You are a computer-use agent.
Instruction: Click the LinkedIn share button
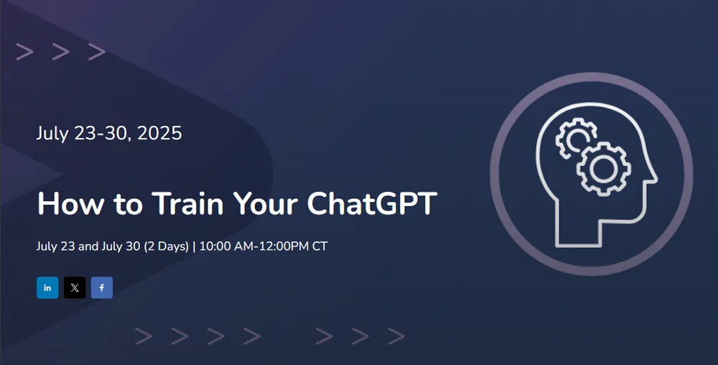47,287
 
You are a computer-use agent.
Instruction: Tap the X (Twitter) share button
75,287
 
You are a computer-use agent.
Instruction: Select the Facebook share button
102,287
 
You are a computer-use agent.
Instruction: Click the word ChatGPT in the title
372,203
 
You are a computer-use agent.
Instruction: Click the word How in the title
70,203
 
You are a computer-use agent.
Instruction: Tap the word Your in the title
266,203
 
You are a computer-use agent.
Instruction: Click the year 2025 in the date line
159,133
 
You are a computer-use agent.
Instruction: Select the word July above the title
52,134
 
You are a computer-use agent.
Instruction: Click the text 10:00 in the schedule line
215,246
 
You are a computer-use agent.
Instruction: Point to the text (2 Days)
167,246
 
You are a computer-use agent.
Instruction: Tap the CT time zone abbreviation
320,246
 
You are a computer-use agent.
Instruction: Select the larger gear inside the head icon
604,170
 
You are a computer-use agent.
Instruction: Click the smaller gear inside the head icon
575,137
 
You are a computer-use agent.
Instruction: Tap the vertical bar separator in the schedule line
194,247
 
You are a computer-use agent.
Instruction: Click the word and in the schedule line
88,246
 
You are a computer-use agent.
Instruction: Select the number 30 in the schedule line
133,246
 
